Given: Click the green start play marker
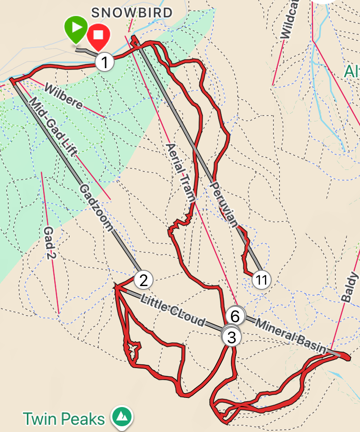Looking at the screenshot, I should click(76, 28).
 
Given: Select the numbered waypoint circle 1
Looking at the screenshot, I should click(105, 62).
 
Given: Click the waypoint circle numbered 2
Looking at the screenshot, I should click(143, 279).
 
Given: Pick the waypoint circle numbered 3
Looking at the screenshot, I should click(231, 336).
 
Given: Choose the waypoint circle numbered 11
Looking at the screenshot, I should click(261, 279).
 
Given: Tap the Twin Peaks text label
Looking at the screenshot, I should click(64, 419).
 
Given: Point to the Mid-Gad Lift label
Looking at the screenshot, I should click(53, 128).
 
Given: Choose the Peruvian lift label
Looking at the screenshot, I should click(224, 204).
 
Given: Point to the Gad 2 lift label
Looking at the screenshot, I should click(50, 243).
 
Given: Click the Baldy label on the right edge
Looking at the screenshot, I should click(351, 287).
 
